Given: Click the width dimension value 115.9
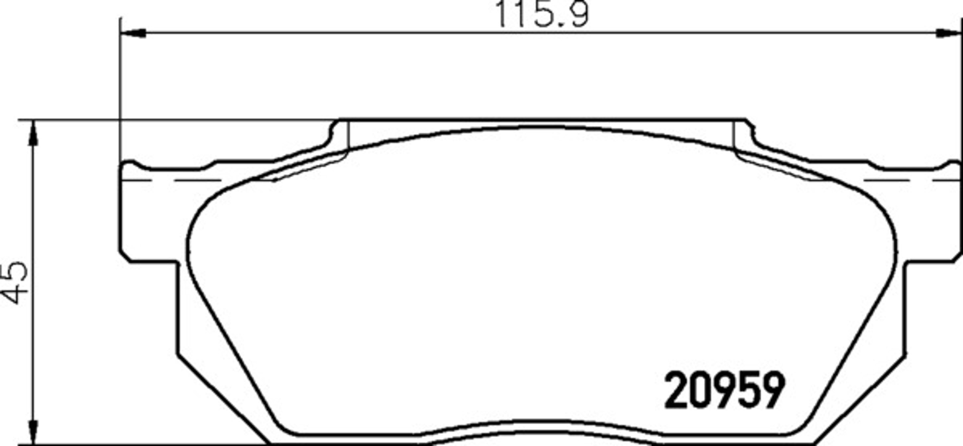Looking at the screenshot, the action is (542, 14).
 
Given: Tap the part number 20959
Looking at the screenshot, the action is (724, 390).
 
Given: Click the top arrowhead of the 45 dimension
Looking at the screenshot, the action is (33, 133).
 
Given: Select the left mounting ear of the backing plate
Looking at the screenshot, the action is (148, 213).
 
